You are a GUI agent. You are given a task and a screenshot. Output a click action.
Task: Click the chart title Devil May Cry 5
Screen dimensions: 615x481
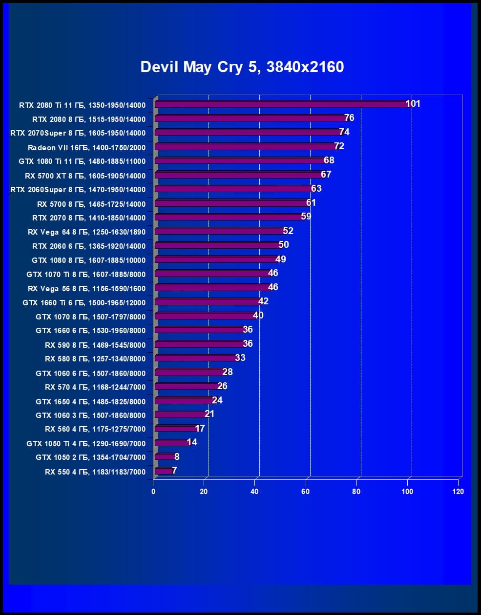click(x=242, y=67)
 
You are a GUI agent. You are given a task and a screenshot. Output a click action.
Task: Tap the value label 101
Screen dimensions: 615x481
click(x=413, y=103)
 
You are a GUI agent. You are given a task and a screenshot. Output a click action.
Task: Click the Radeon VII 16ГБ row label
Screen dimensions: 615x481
click(x=86, y=147)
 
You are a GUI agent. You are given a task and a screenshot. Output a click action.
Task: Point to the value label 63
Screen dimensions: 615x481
click(x=316, y=188)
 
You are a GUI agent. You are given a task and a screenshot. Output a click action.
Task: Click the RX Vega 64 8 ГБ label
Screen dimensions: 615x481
click(x=86, y=232)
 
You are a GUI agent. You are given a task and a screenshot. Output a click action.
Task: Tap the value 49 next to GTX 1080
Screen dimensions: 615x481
click(x=281, y=259)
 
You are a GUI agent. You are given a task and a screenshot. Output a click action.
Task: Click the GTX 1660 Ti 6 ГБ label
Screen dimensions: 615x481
click(x=84, y=303)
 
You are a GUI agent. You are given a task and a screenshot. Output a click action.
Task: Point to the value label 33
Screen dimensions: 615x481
click(x=240, y=357)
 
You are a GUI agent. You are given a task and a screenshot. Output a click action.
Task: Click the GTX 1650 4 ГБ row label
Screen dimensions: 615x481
click(x=90, y=402)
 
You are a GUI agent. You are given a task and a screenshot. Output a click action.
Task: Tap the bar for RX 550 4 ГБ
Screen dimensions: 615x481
click(x=163, y=471)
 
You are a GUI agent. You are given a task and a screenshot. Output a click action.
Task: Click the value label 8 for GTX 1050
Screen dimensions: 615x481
click(x=177, y=456)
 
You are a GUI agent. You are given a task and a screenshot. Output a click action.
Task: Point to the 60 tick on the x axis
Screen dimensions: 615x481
click(x=306, y=491)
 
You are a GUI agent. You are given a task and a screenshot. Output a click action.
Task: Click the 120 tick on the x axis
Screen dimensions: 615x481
click(x=458, y=491)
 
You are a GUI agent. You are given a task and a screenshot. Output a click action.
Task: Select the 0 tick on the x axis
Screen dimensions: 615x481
click(x=153, y=491)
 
